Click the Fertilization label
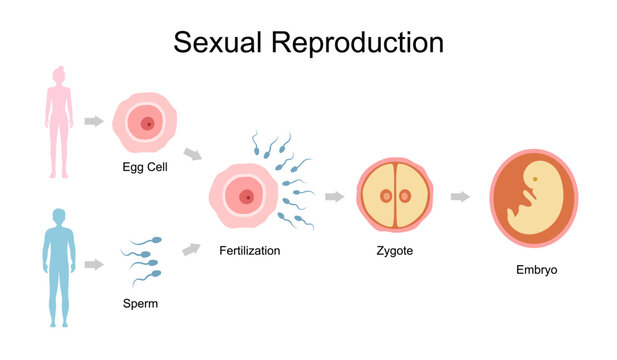pos(249,250)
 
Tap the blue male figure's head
pos(58,216)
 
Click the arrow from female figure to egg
pos(94,121)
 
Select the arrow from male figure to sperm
pos(94,264)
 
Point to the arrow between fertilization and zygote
pos(334,196)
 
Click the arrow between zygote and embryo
pos(460,196)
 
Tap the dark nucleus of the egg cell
pos(149,124)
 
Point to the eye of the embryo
pos(536,180)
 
